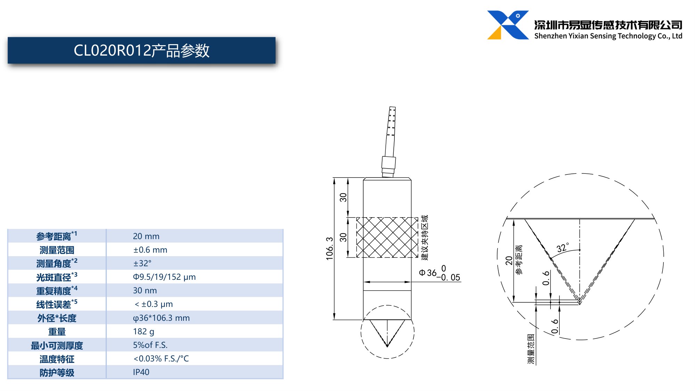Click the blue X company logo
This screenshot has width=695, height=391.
click(508, 25)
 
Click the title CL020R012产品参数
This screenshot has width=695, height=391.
click(141, 51)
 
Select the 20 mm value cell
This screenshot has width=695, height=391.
click(146, 236)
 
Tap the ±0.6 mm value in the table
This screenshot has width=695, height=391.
click(150, 250)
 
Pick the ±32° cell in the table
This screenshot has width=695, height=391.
click(142, 263)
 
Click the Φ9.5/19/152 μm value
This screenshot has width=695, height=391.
click(164, 277)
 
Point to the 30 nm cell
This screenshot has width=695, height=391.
click(145, 291)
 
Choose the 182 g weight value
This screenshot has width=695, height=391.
click(144, 332)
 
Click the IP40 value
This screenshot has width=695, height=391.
click(141, 372)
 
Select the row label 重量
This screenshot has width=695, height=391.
click(57, 332)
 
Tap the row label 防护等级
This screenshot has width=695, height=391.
click(57, 373)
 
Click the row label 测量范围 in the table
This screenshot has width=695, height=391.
click(57, 250)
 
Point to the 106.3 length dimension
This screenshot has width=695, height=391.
click(329, 249)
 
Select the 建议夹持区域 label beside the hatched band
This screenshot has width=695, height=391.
click(425, 237)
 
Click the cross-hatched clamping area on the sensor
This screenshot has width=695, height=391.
click(387, 237)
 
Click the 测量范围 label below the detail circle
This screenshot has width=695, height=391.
click(531, 349)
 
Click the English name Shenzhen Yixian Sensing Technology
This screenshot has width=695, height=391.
click(608, 36)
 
